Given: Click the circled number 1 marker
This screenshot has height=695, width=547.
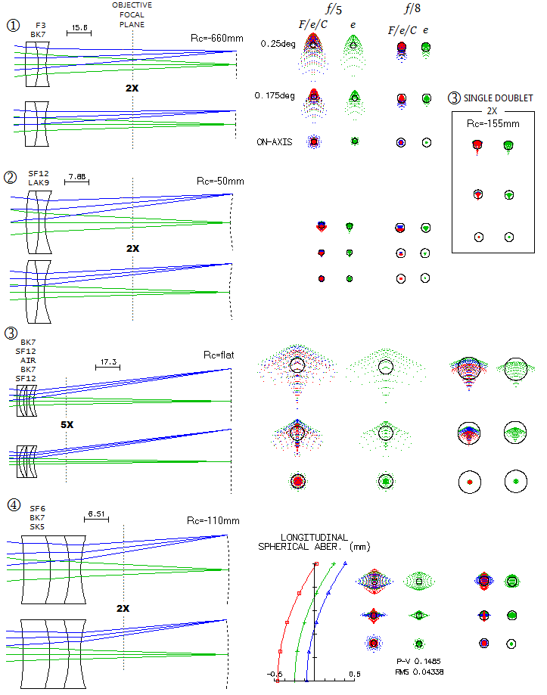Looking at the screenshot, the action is (x=14, y=25).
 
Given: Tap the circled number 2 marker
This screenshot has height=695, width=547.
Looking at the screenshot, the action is (x=10, y=177).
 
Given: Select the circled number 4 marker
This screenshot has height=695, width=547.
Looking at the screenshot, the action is (x=14, y=504).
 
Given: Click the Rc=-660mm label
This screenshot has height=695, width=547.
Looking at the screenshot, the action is (x=217, y=38).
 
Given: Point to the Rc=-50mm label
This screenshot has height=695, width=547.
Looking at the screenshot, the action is (x=220, y=182).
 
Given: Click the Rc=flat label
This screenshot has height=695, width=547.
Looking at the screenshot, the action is (x=219, y=355).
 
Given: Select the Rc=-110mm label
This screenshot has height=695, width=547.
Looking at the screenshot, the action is (x=213, y=521).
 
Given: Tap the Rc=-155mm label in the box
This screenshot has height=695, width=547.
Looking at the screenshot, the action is (x=493, y=124).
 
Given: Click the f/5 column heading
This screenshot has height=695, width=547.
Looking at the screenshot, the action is (x=334, y=9).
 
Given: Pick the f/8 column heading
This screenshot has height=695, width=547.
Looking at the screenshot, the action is (x=412, y=8).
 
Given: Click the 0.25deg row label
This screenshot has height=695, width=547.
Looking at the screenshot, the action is (x=278, y=44).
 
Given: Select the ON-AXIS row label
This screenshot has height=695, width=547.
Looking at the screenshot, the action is (x=275, y=142).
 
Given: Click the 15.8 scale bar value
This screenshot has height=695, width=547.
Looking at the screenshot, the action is (x=79, y=27).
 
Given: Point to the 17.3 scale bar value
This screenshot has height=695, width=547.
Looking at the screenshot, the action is (x=108, y=362).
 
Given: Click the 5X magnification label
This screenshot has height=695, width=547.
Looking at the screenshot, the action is (x=67, y=424).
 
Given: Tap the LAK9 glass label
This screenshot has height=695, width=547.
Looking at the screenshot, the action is (x=39, y=182).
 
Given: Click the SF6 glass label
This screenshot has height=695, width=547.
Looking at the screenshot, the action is (x=37, y=509).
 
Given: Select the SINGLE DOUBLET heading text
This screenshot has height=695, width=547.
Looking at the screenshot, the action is (x=499, y=98).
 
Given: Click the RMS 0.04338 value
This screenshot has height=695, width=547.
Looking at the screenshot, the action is (x=419, y=672).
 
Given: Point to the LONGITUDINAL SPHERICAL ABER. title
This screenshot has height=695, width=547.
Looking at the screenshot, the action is (x=314, y=542).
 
